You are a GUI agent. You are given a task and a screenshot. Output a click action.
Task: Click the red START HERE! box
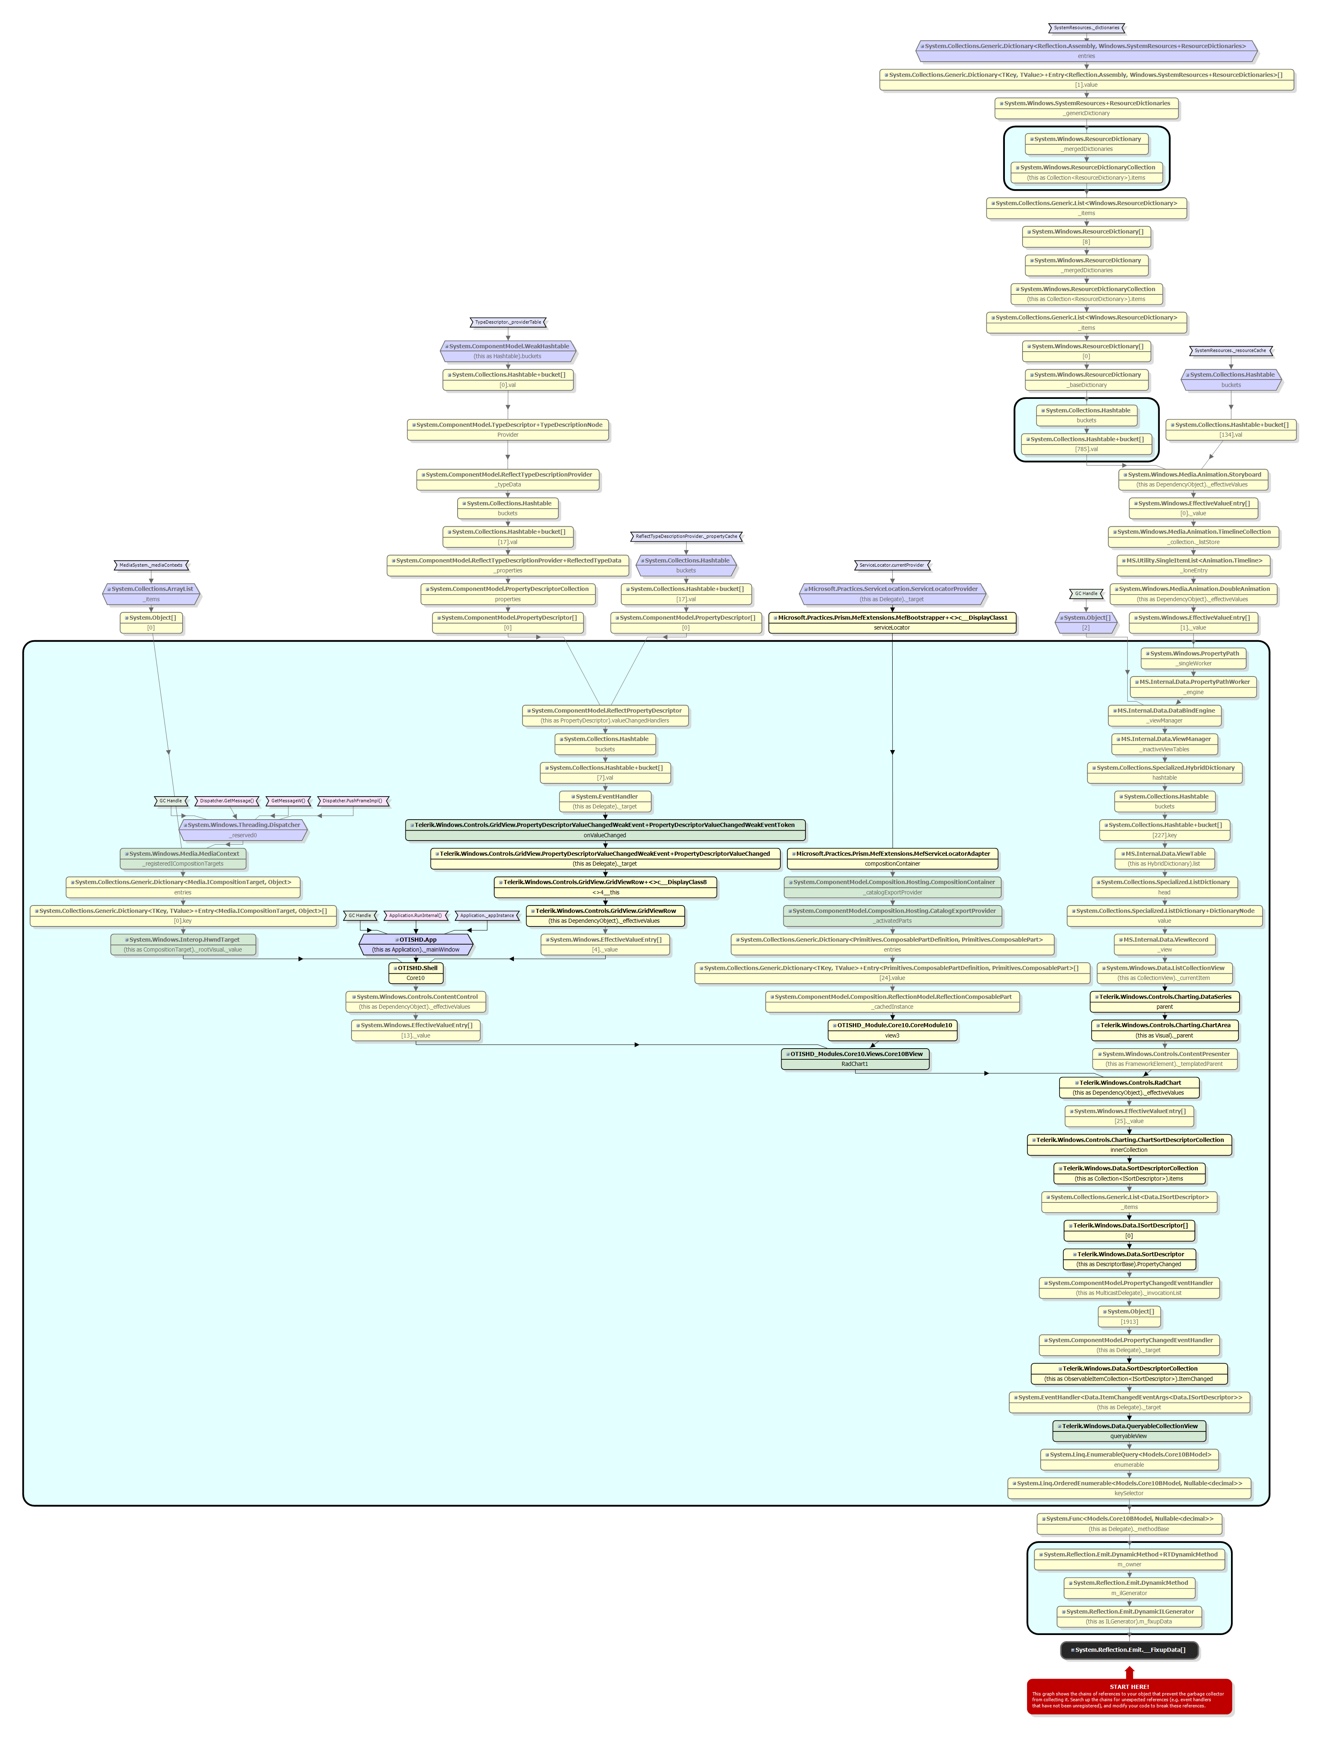(x=1129, y=1696)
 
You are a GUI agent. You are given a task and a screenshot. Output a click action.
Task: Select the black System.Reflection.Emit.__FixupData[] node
(x=1129, y=1650)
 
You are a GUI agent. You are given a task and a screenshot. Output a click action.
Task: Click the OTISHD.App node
(x=416, y=944)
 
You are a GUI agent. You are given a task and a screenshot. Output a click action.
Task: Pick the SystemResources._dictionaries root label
(x=1087, y=28)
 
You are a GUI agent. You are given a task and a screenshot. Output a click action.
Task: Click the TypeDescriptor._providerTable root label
(x=508, y=322)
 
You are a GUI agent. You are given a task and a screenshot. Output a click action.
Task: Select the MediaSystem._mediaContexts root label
(x=151, y=565)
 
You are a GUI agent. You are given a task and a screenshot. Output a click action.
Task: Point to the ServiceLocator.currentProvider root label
(x=892, y=565)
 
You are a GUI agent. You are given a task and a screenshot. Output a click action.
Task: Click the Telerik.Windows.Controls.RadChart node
(x=1129, y=1087)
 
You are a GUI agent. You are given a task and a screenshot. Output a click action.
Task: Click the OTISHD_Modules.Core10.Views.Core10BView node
(x=855, y=1058)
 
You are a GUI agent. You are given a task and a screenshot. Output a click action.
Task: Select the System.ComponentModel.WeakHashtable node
(x=508, y=350)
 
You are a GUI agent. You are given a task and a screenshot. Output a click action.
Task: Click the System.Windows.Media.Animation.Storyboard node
(x=1193, y=479)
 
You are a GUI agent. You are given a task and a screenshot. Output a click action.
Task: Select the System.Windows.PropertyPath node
(x=1193, y=658)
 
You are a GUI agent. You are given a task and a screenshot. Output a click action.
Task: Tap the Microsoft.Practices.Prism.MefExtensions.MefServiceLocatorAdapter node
(x=892, y=858)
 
